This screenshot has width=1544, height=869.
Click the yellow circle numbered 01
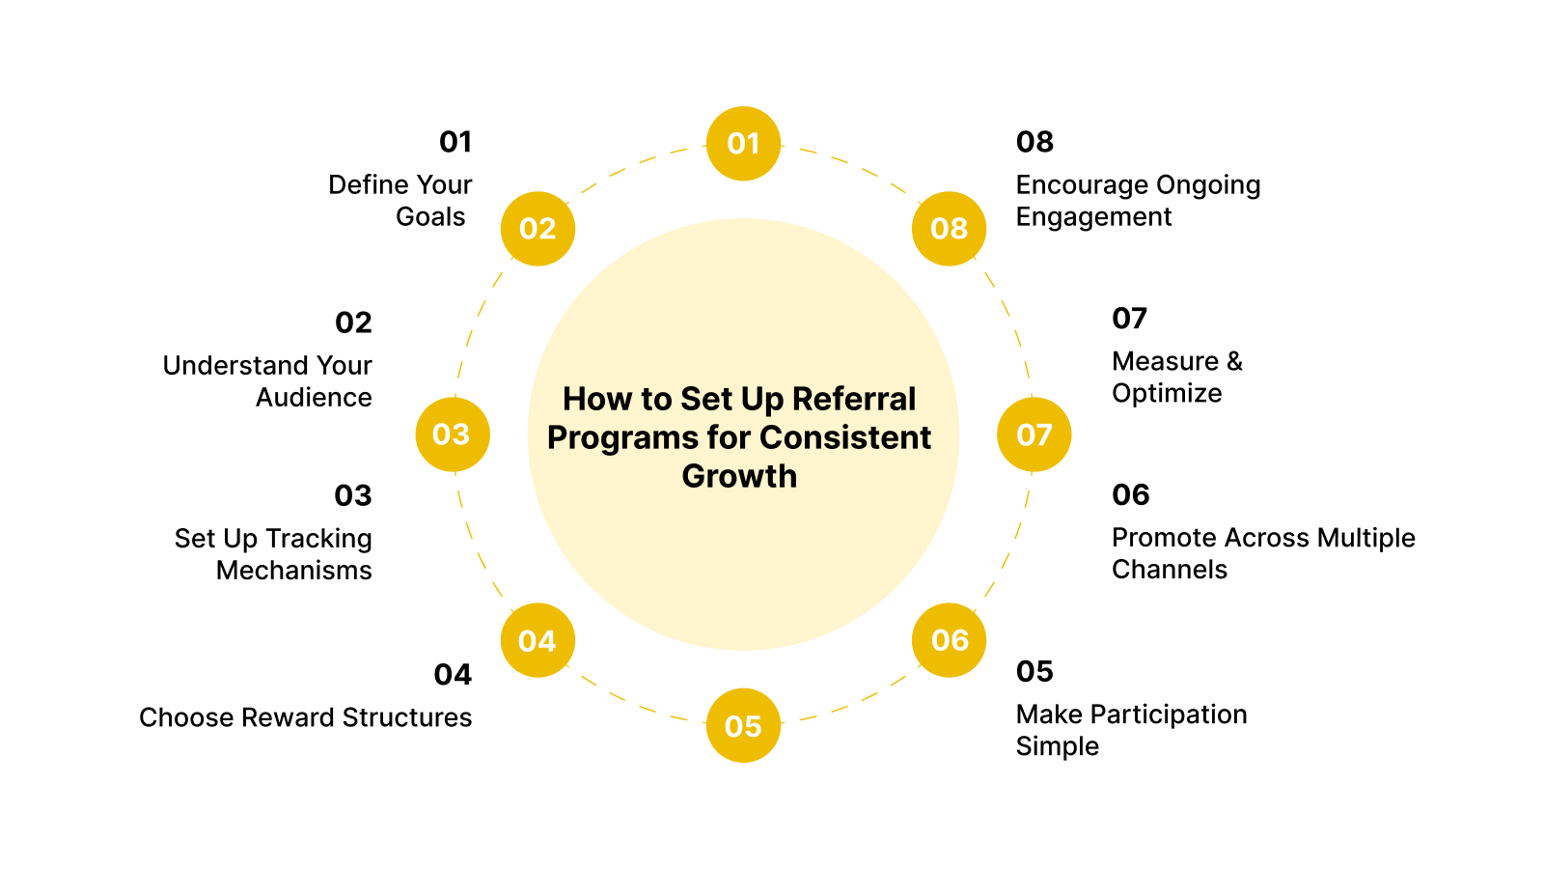pos(743,144)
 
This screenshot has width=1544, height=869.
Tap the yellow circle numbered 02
pos(538,229)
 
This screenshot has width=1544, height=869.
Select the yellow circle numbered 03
pos(453,434)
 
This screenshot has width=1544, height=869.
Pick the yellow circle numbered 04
pos(538,640)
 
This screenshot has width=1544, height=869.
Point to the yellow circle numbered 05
pos(743,725)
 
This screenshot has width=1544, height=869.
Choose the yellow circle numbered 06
pos(949,640)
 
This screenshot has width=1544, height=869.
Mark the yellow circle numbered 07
pos(1034,434)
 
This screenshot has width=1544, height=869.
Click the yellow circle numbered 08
pos(949,229)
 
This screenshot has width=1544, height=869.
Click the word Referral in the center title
pos(853,399)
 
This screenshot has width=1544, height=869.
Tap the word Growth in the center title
pos(739,476)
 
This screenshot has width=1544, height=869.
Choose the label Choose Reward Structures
pos(305,717)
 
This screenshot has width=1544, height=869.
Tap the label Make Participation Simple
pos(1131,730)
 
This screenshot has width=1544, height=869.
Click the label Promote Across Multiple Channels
pos(1262,552)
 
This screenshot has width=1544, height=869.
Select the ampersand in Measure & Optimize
pos(1234,361)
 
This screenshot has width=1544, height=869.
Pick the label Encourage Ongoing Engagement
pos(1138,200)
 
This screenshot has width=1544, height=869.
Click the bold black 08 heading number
pos(1034,142)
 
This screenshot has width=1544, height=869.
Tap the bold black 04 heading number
pos(453,674)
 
